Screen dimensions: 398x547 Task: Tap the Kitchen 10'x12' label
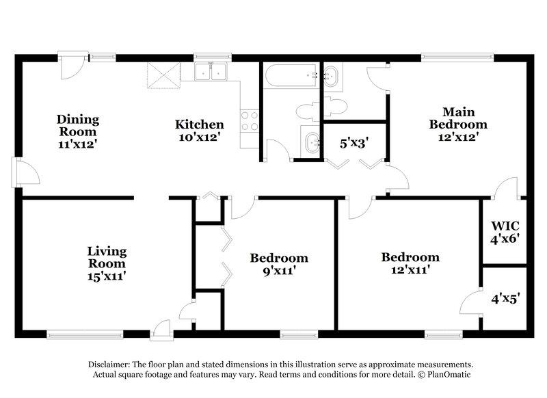(199, 131)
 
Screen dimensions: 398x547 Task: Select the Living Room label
(106, 264)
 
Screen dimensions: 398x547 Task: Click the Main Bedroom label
(457, 124)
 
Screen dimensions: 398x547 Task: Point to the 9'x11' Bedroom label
(278, 264)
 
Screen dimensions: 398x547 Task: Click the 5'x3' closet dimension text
(354, 144)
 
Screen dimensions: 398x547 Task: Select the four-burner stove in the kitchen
(250, 120)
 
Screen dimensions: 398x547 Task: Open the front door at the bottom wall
(161, 330)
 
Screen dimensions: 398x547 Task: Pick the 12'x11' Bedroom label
(410, 264)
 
